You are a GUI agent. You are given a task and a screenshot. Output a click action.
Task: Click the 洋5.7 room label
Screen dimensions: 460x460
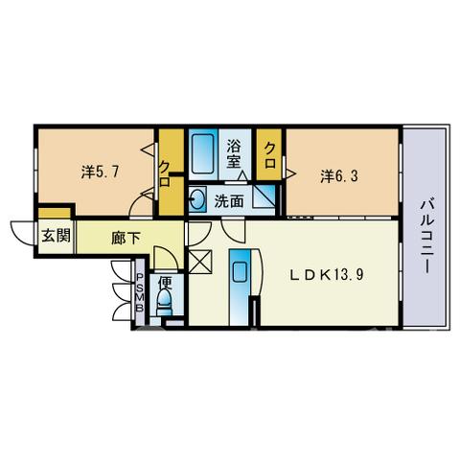pos(101,172)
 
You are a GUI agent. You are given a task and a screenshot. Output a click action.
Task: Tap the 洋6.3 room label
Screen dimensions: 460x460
pos(339,176)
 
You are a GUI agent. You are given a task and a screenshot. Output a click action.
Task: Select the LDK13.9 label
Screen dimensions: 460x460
pos(327,274)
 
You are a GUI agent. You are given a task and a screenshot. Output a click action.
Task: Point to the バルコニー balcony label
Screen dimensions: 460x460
pos(427,237)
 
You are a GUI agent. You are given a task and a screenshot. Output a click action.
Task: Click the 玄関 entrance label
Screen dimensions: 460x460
pos(57,237)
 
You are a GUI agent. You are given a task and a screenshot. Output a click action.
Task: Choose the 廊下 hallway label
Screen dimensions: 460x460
pos(126,238)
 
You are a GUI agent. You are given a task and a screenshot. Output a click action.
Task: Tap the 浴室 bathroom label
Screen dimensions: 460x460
pos(234,153)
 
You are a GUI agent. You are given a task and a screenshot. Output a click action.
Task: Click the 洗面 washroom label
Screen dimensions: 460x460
pos(229,201)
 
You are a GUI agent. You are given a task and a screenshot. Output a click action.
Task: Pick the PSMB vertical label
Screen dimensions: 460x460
pos(140,292)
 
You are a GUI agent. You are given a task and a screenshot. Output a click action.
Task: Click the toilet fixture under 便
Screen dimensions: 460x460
pos(165,302)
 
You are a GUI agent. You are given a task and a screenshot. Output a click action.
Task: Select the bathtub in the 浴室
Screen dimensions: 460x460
pos(202,153)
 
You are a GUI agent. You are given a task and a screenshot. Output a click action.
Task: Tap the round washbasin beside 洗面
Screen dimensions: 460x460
pos(197,200)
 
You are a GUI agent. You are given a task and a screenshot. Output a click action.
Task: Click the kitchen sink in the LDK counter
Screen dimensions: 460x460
pos(240,271)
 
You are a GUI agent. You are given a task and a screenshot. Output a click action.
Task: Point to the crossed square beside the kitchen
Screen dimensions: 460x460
pos(200,262)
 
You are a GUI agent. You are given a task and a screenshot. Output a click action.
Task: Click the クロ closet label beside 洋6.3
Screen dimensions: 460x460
pos(270,155)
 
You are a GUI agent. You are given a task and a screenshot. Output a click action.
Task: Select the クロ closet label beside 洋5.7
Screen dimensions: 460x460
pos(165,173)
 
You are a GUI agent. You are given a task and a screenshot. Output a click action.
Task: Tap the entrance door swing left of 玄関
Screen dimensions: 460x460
pos(22,233)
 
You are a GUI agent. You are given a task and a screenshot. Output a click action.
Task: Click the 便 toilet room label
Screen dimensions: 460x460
pos(166,282)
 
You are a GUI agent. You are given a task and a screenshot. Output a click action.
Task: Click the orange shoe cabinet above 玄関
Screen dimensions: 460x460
pos(55,213)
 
